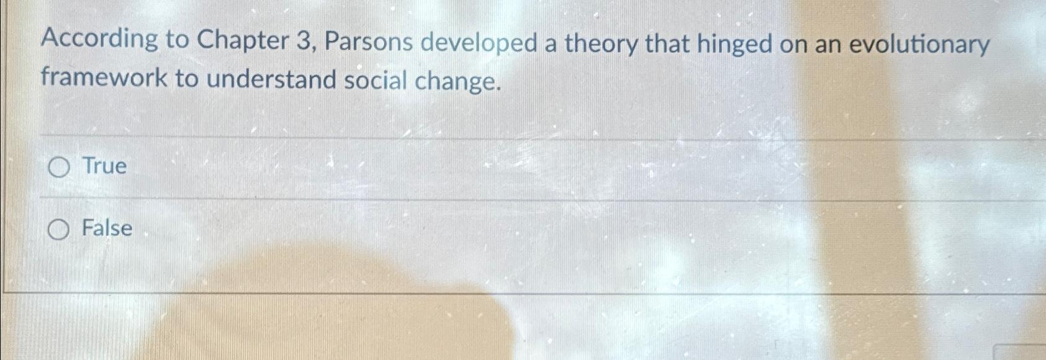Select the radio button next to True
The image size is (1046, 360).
coord(59,168)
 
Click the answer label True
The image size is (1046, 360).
coord(104,166)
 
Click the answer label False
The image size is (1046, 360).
coord(107,228)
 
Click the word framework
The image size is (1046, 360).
coord(104,78)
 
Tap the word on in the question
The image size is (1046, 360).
coord(793,46)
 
